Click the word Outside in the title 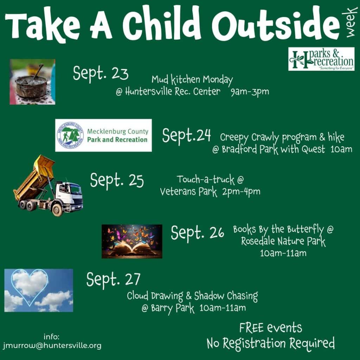point(276,25)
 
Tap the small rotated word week point(350,22)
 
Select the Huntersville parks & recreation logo point(321,59)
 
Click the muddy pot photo point(32,82)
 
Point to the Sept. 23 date point(101,73)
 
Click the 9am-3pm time point(250,92)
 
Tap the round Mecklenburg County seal point(70,135)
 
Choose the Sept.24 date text point(186,135)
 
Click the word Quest point(313,149)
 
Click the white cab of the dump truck point(69,195)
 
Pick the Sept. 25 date point(117,181)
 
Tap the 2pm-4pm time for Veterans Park point(241,192)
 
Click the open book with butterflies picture point(132,242)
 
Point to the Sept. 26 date point(198,233)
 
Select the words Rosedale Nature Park point(283,241)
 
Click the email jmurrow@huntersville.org point(52,346)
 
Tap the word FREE point(251,328)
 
